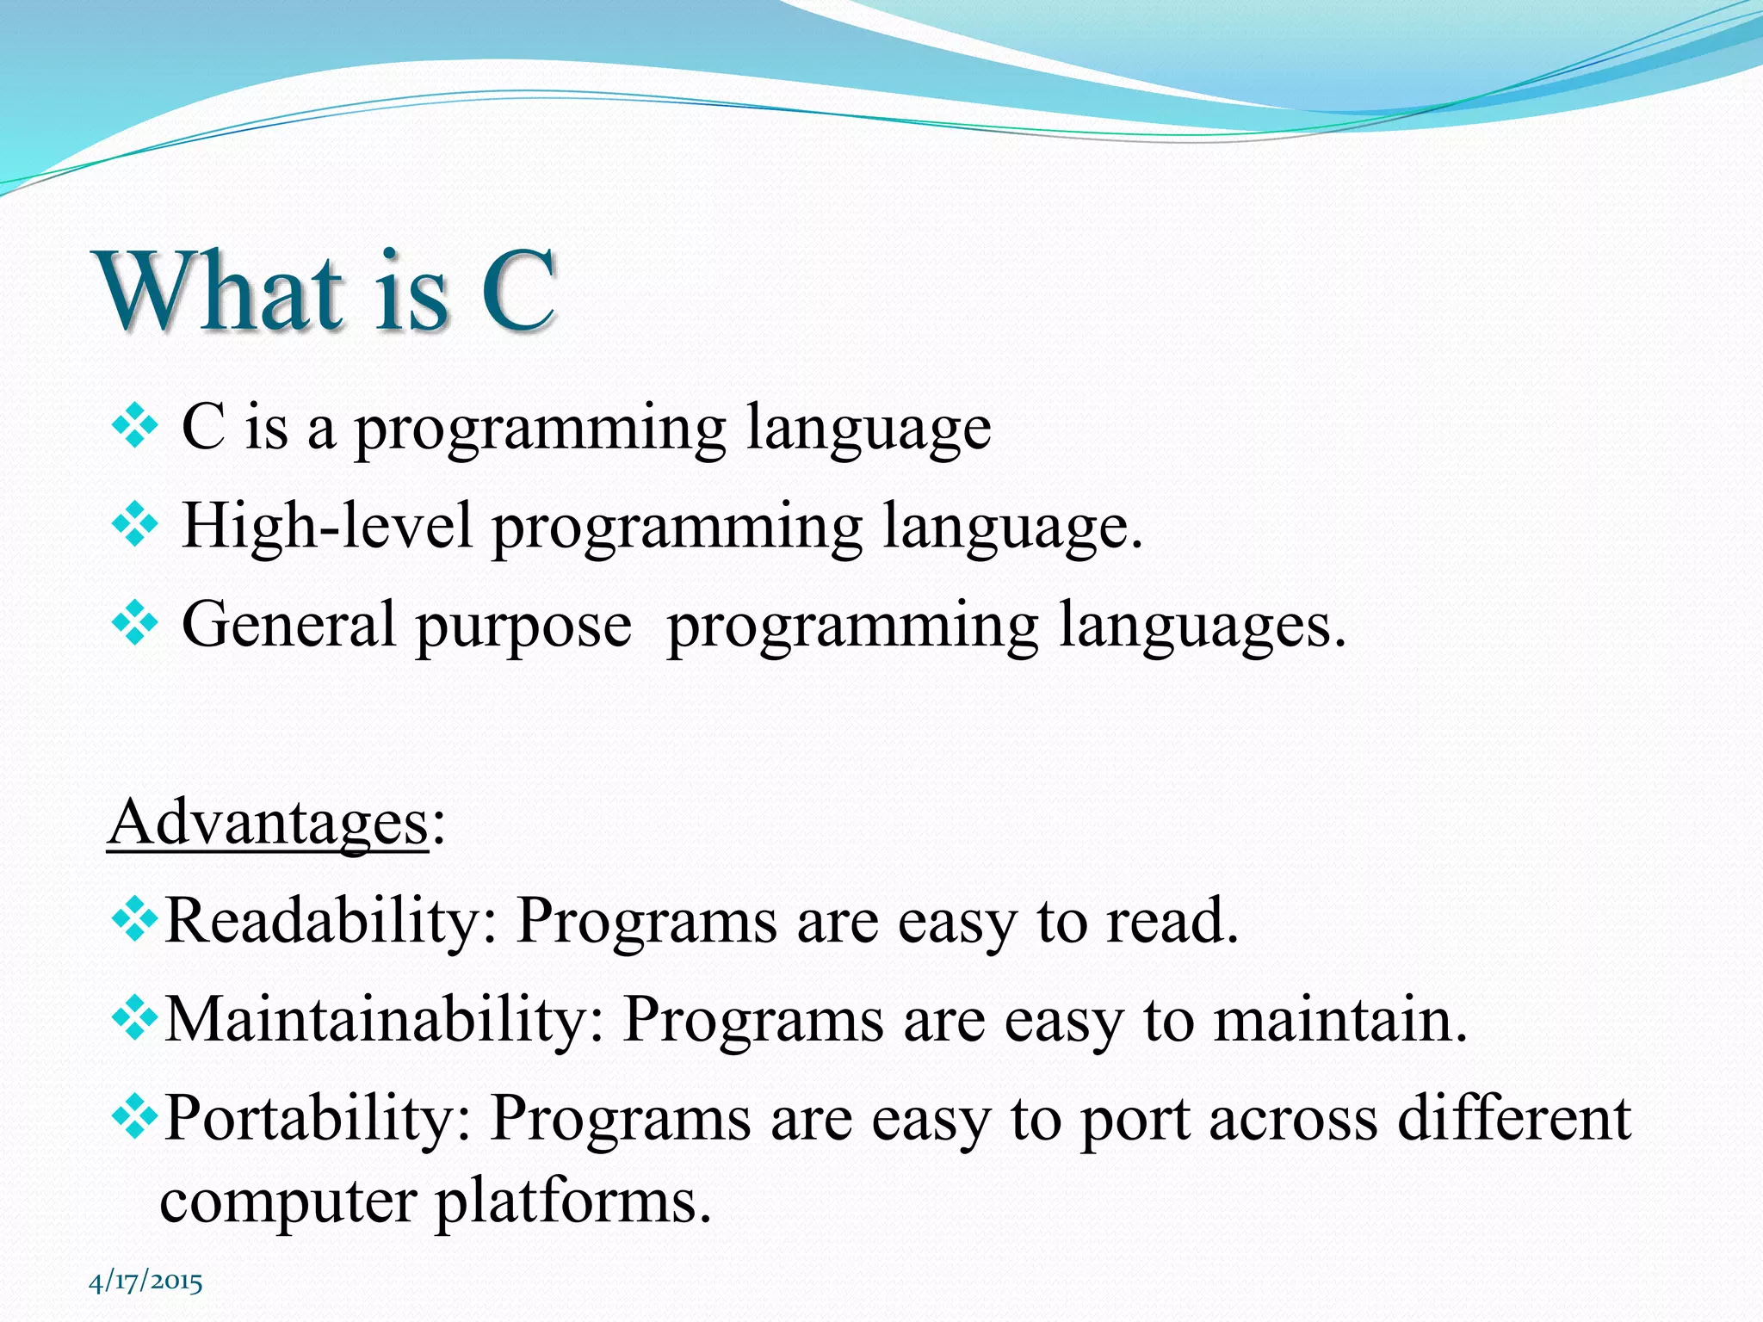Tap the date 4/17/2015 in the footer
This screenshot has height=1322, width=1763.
point(145,1282)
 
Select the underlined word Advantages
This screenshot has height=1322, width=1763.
point(268,823)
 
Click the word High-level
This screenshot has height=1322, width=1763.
point(327,526)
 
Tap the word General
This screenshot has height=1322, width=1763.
point(288,625)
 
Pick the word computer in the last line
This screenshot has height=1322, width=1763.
point(288,1202)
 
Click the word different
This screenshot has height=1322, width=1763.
point(1513,1118)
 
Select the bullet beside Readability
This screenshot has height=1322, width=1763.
point(135,920)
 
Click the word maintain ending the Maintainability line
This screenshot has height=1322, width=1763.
point(1339,1020)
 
